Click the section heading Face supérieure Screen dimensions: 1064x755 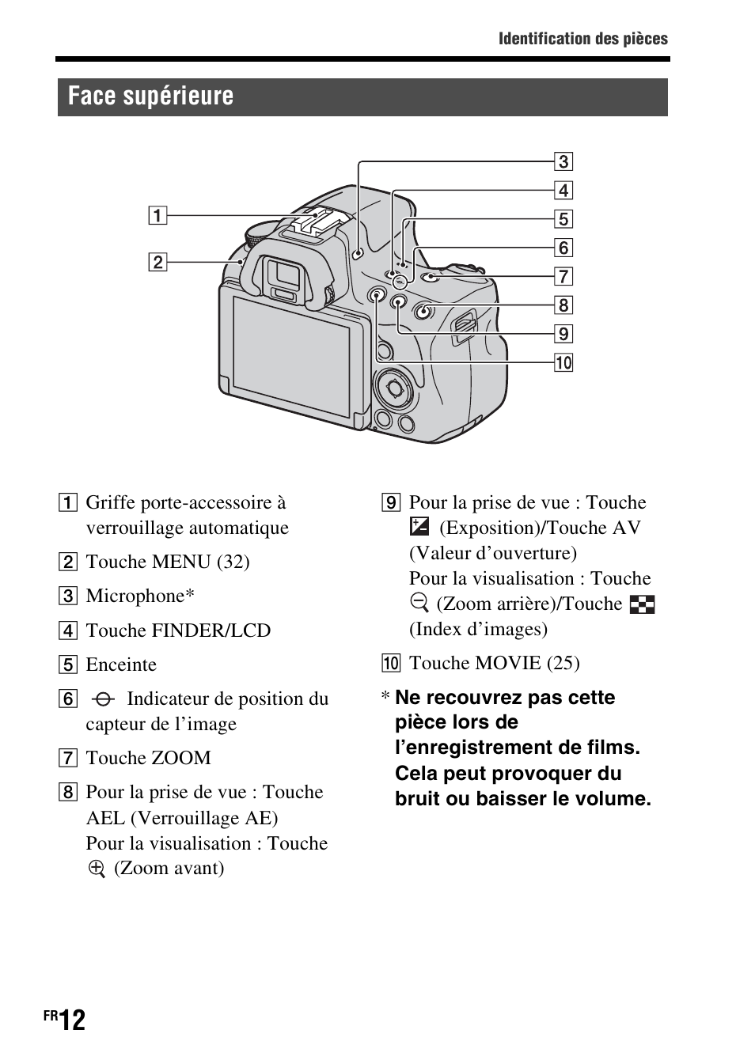pos(150,97)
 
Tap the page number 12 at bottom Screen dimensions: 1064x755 pos(71,1020)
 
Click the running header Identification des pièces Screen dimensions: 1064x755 pos(582,39)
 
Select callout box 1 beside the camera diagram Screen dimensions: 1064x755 pos(157,215)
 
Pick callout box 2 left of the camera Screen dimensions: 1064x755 pos(157,262)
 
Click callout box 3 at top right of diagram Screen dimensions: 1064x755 pos(563,162)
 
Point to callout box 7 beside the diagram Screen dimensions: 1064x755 pos(563,277)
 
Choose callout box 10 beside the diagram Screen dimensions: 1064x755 pos(563,363)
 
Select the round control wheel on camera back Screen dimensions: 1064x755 pos(393,387)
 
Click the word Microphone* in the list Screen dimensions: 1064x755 pos(140,596)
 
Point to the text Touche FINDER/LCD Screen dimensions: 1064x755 pos(178,630)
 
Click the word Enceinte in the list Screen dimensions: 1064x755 pos(121,665)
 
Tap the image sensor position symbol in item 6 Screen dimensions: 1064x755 pos(103,699)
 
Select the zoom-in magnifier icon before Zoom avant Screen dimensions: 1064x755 pos(97,869)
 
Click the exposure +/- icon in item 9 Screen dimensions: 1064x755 pos(419,527)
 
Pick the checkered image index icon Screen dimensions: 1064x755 pos(643,604)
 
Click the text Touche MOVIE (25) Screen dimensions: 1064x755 pos(494,663)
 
